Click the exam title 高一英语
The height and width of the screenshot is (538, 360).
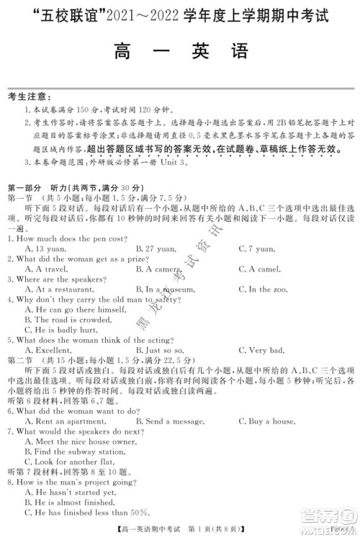pyautogui.click(x=180, y=52)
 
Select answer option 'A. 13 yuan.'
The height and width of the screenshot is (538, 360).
pyautogui.click(x=45, y=248)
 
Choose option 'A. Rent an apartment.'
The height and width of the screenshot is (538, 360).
pyautogui.click(x=63, y=420)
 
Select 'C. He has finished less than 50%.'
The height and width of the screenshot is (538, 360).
pyautogui.click(x=84, y=512)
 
